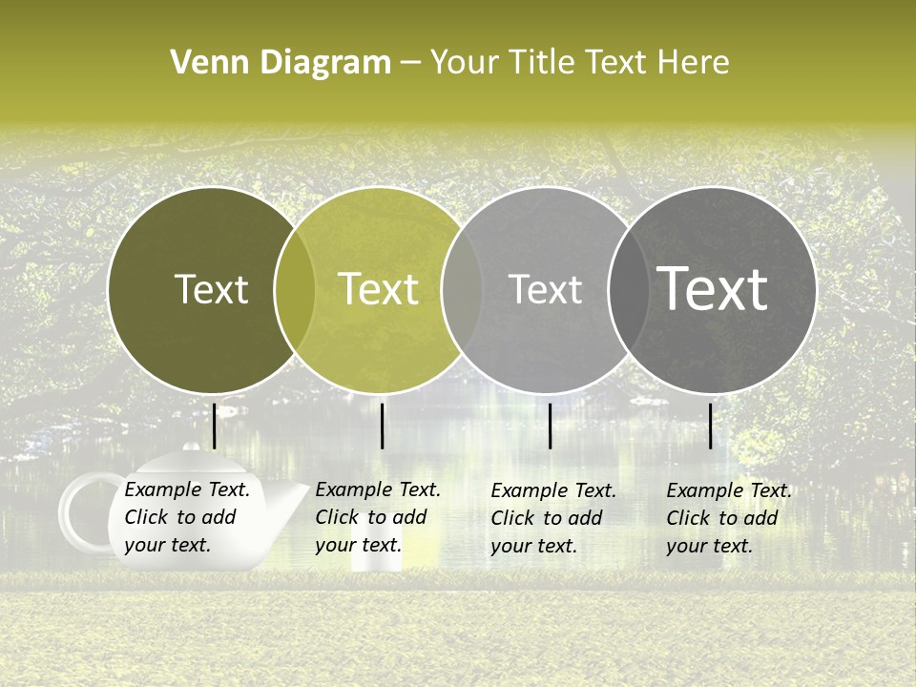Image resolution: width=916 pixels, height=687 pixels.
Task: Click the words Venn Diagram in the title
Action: click(281, 63)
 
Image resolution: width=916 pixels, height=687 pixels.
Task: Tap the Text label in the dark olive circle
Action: click(211, 289)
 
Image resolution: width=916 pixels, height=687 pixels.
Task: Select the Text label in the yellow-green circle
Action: click(379, 289)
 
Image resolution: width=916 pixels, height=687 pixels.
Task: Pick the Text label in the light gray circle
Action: click(545, 289)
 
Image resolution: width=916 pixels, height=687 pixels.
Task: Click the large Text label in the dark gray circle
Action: click(713, 289)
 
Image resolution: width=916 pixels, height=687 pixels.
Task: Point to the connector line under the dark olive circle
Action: click(214, 426)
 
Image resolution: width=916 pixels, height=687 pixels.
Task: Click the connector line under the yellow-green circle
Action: click(382, 426)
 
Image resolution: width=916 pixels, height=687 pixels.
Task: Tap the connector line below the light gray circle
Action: click(551, 426)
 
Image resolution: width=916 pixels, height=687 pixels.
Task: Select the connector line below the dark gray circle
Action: click(711, 426)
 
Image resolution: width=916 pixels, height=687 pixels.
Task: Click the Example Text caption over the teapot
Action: click(187, 517)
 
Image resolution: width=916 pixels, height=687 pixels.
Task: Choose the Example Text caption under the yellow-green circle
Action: click(378, 517)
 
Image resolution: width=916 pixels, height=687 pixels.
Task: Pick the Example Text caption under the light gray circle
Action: click(553, 518)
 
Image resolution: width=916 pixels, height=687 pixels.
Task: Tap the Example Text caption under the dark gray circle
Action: click(729, 518)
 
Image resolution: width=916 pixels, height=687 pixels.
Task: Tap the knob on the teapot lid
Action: click(192, 447)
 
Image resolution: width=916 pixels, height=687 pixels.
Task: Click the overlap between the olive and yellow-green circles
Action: click(295, 290)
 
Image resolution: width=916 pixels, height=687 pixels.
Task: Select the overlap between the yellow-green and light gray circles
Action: click(462, 290)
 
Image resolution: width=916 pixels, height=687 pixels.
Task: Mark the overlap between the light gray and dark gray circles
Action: click(628, 290)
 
